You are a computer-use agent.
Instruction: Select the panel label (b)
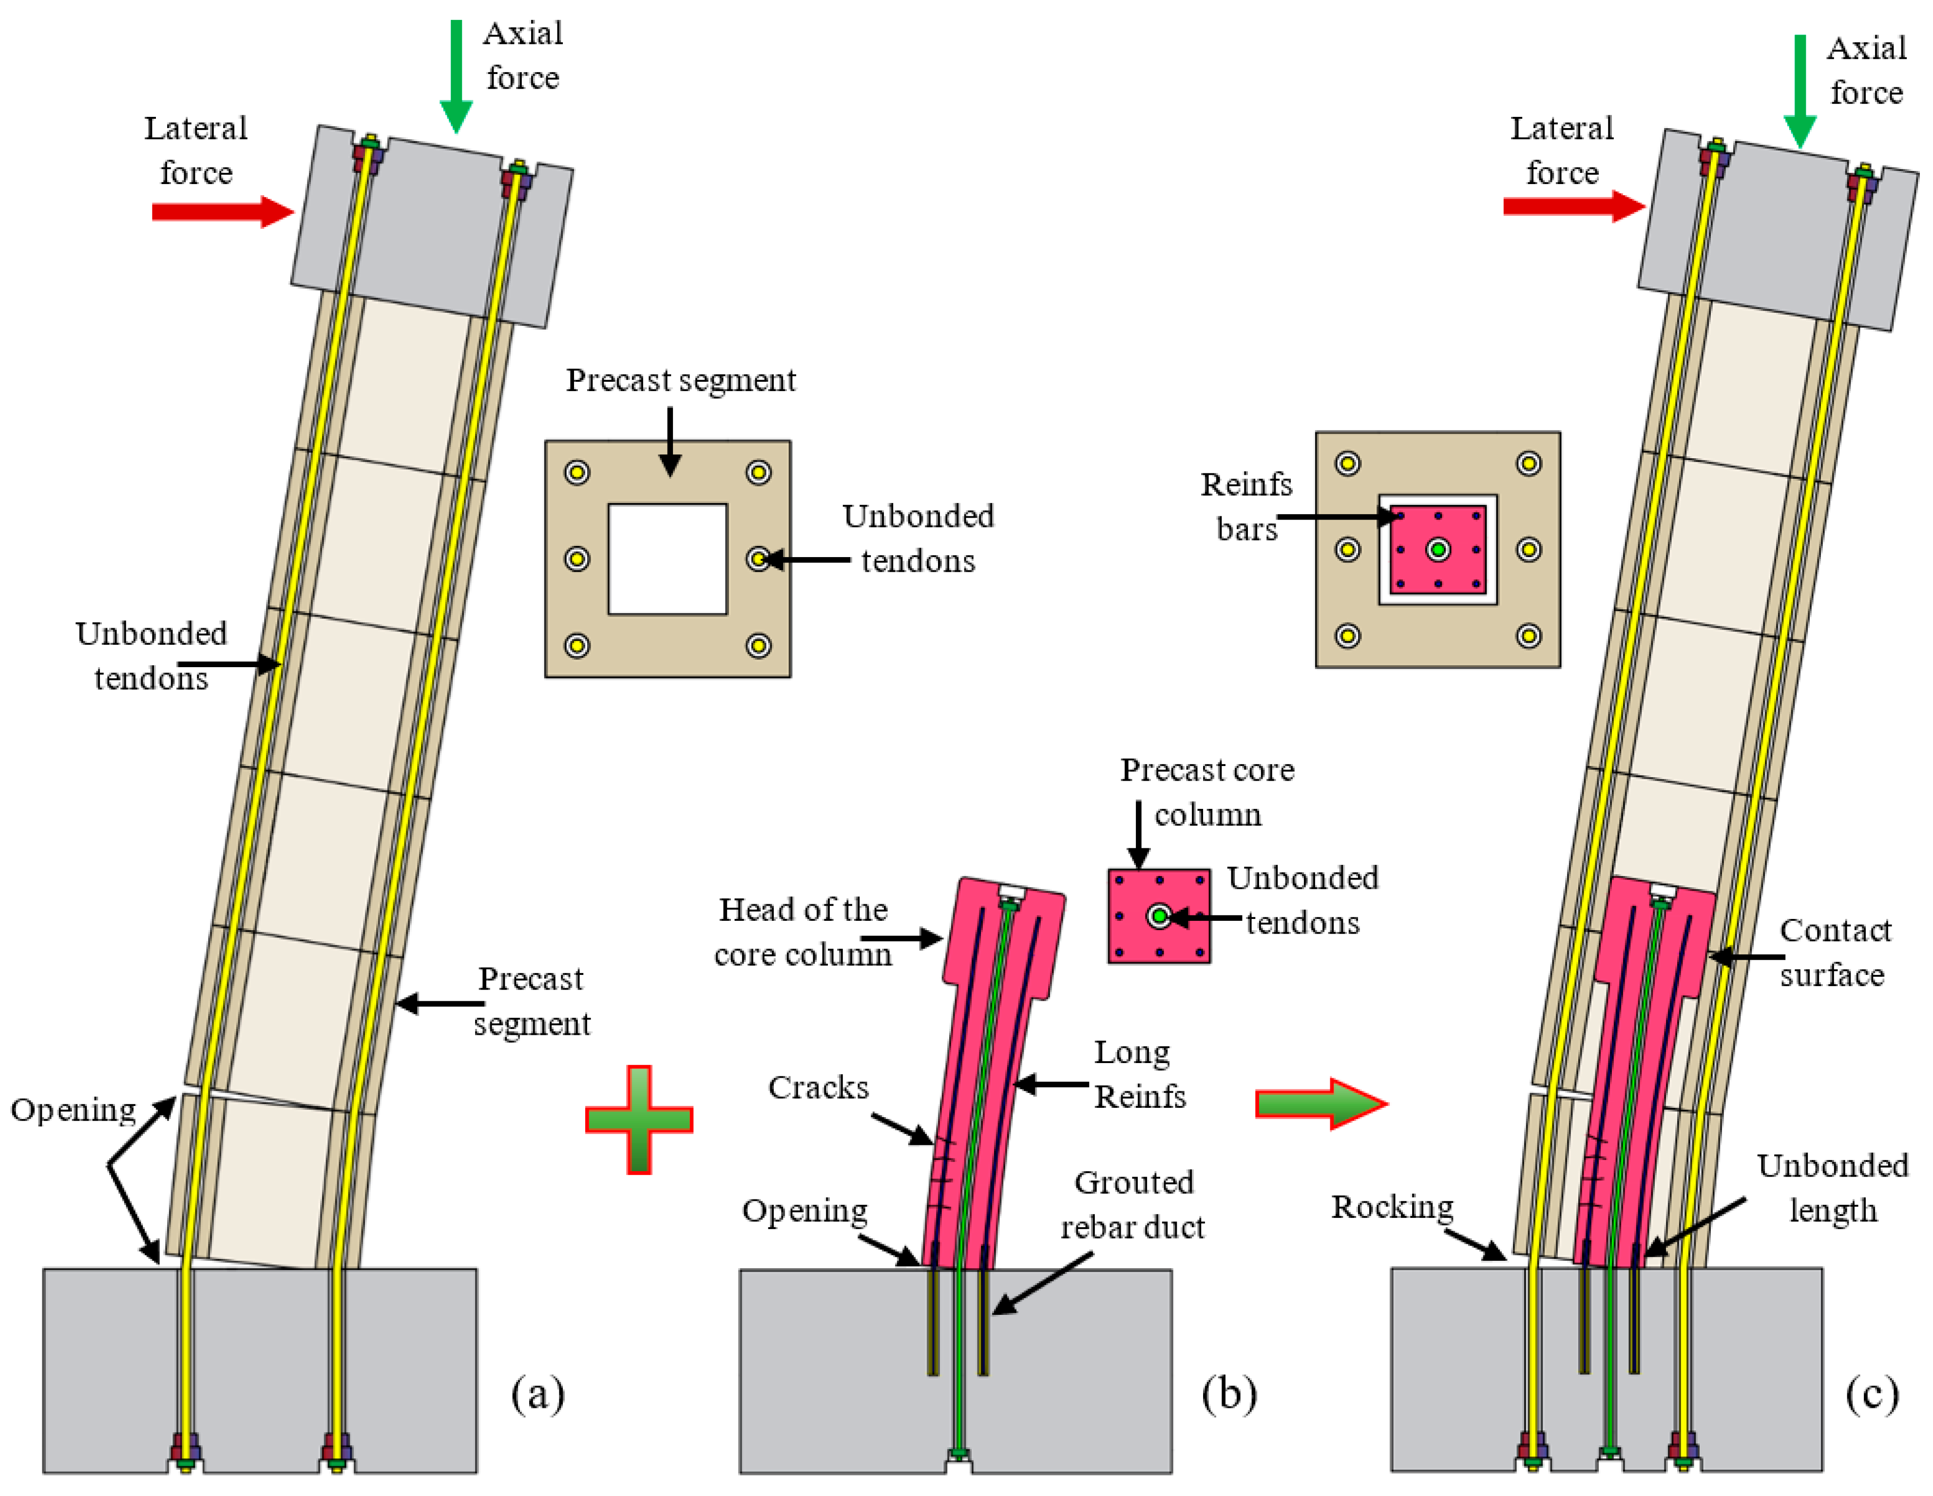tap(1228, 1393)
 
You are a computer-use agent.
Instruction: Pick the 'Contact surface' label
tap(1834, 953)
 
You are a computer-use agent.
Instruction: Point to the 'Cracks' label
tap(818, 1087)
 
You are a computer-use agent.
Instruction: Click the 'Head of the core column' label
tap(803, 932)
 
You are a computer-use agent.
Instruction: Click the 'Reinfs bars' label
tap(1245, 506)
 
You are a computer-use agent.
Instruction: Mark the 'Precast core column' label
tap(1207, 792)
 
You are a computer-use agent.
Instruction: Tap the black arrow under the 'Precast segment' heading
tap(670, 442)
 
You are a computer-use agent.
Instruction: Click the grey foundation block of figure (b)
tap(1062, 1380)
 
